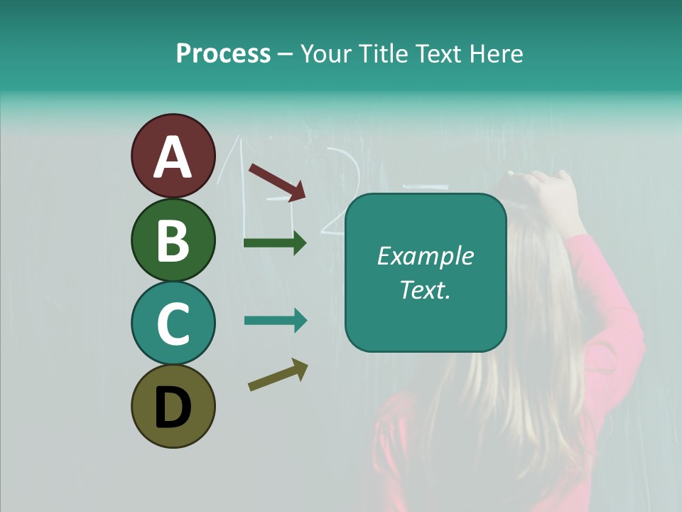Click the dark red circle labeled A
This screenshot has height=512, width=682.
173,156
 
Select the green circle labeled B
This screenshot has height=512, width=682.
173,240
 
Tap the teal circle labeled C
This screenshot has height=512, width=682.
173,323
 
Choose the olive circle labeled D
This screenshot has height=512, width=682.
173,406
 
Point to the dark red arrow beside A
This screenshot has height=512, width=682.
277,181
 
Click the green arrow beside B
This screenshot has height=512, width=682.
275,243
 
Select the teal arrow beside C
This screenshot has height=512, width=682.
275,321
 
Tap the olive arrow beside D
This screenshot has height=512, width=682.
278,375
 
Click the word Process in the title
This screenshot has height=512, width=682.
223,53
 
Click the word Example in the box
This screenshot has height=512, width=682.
425,256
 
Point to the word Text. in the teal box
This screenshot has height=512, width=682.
425,289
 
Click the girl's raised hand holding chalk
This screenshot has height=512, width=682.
547,188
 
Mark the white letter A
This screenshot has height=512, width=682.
173,157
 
